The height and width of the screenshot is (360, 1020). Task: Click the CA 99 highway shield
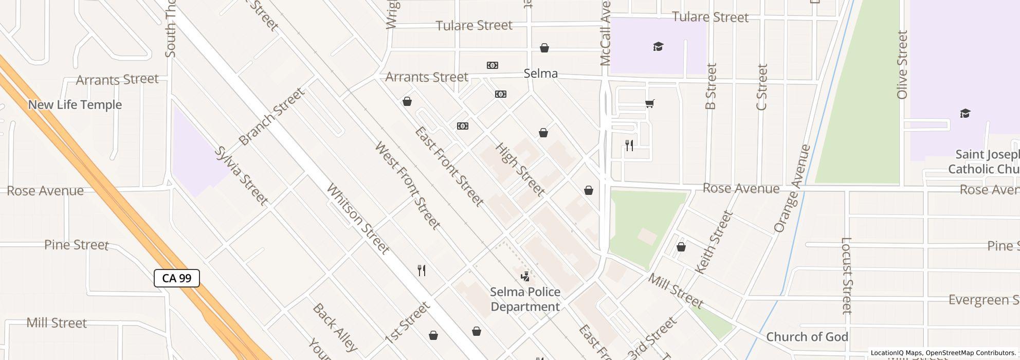pyautogui.click(x=177, y=278)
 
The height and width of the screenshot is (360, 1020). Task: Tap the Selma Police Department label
pyautogui.click(x=525, y=299)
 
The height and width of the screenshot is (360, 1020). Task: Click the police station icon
pyautogui.click(x=525, y=277)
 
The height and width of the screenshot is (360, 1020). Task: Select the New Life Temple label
pyautogui.click(x=75, y=105)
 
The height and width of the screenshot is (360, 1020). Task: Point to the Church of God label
pyautogui.click(x=807, y=337)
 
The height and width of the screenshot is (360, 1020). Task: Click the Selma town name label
pyautogui.click(x=540, y=74)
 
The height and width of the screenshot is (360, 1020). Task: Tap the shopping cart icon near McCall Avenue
pyautogui.click(x=649, y=104)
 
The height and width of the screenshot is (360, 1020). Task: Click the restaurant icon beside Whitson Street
pyautogui.click(x=422, y=271)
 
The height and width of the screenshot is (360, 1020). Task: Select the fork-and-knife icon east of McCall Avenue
pyautogui.click(x=629, y=146)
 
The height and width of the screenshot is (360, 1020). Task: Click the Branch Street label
pyautogui.click(x=272, y=117)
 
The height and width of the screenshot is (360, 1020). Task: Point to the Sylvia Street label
pyautogui.click(x=241, y=176)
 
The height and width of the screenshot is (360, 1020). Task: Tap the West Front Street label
pyautogui.click(x=407, y=186)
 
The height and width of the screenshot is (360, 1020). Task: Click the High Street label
pyautogui.click(x=519, y=170)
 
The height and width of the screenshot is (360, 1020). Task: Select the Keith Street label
pyautogui.click(x=713, y=243)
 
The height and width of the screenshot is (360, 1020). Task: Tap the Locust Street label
pyautogui.click(x=847, y=275)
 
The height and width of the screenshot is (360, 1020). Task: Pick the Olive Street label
pyautogui.click(x=902, y=65)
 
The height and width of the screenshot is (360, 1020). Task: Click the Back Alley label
pyautogui.click(x=335, y=328)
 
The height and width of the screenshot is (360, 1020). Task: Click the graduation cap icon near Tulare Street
pyautogui.click(x=658, y=47)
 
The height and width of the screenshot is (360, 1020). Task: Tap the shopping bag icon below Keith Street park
pyautogui.click(x=681, y=247)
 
